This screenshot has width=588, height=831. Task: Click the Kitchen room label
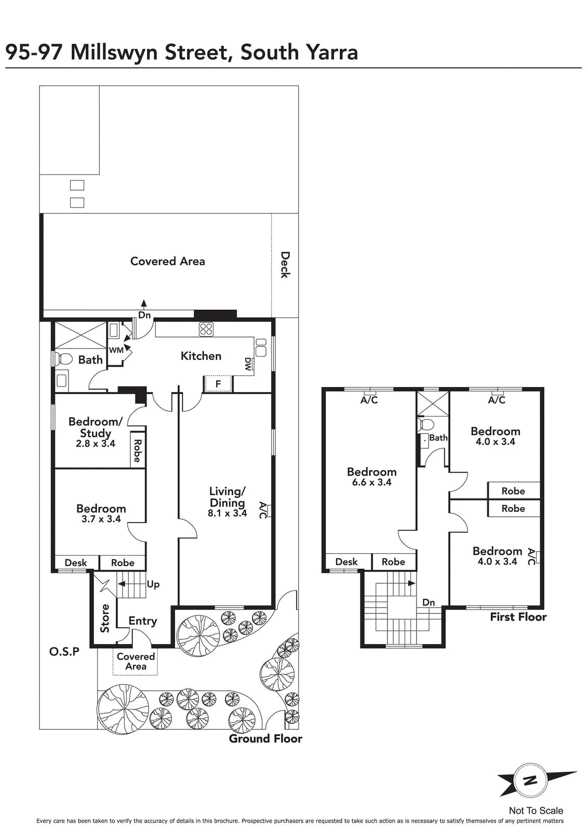pyautogui.click(x=201, y=356)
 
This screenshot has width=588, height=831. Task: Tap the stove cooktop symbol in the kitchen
pyautogui.click(x=206, y=329)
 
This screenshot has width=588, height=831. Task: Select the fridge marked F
pyautogui.click(x=218, y=384)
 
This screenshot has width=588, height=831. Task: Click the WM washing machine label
pyautogui.click(x=116, y=350)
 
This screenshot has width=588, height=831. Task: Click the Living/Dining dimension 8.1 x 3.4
pyautogui.click(x=228, y=514)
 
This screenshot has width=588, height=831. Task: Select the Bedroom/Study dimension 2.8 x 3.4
pyautogui.click(x=96, y=444)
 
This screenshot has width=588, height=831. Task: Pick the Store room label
pyautogui.click(x=105, y=618)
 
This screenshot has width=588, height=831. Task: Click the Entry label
pyautogui.click(x=143, y=621)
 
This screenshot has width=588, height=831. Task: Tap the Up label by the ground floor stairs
pyautogui.click(x=153, y=585)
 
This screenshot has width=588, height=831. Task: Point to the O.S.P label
pyautogui.click(x=64, y=652)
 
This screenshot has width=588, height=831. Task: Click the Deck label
pyautogui.click(x=285, y=265)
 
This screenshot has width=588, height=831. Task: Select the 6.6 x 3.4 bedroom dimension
pyautogui.click(x=372, y=482)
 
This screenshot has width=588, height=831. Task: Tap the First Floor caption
pyautogui.click(x=518, y=617)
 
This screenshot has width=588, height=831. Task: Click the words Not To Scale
pyautogui.click(x=536, y=811)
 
